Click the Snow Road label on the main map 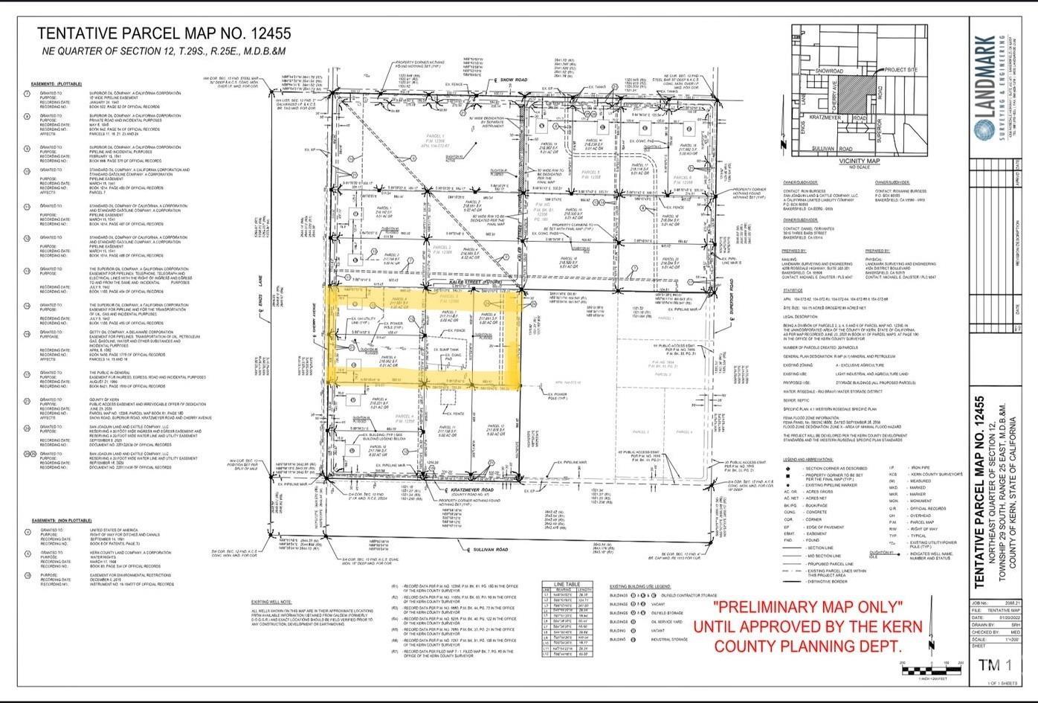(x=513, y=79)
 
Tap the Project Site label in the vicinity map (x=900, y=70)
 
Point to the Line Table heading (x=578, y=584)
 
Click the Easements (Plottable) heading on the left (x=57, y=84)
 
